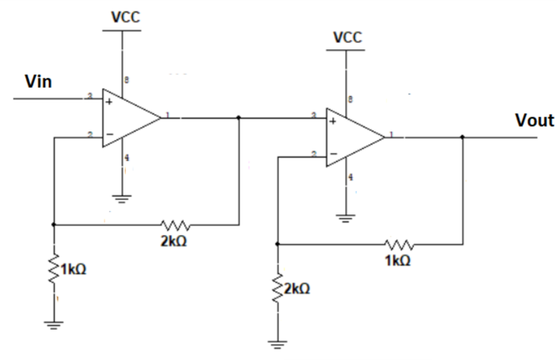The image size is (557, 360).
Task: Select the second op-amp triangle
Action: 354,137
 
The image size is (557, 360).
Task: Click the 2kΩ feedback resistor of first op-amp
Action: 176,225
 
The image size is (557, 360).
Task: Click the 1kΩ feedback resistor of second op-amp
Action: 398,244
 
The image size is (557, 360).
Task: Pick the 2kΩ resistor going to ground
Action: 277,292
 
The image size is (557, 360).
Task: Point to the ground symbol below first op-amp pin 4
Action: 122,199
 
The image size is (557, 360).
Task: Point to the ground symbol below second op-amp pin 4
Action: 347,217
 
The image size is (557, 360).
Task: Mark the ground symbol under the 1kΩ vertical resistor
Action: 53,324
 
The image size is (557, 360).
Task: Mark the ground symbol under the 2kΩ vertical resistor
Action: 277,343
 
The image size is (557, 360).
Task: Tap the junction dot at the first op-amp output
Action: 240,118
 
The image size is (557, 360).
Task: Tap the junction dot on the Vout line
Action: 464,137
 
